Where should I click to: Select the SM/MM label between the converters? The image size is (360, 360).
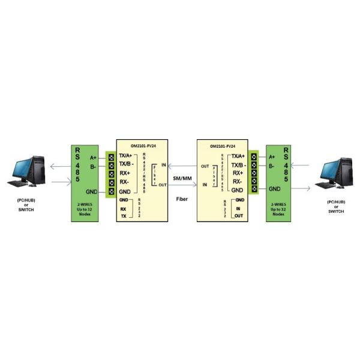tap(181, 178)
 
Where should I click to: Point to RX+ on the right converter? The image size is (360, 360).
tap(237, 173)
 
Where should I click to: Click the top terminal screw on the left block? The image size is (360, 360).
tap(110, 157)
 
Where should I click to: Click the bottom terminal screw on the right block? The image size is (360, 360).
tap(254, 190)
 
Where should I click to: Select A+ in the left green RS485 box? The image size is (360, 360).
tap(93, 158)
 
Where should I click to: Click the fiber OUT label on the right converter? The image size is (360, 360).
tap(205, 166)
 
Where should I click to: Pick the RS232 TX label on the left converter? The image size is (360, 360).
tap(124, 216)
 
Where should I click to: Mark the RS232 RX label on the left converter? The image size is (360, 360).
tap(123, 209)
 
